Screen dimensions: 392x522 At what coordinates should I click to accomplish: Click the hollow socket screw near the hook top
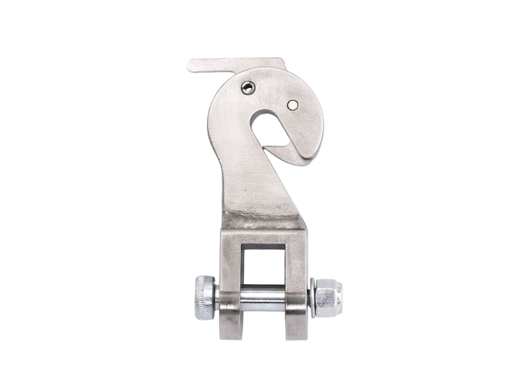[249, 88]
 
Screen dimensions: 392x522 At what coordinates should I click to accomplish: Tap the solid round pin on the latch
[292, 105]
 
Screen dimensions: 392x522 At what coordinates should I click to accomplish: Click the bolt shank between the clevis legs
[262, 298]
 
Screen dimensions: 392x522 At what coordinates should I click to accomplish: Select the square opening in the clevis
[262, 265]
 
